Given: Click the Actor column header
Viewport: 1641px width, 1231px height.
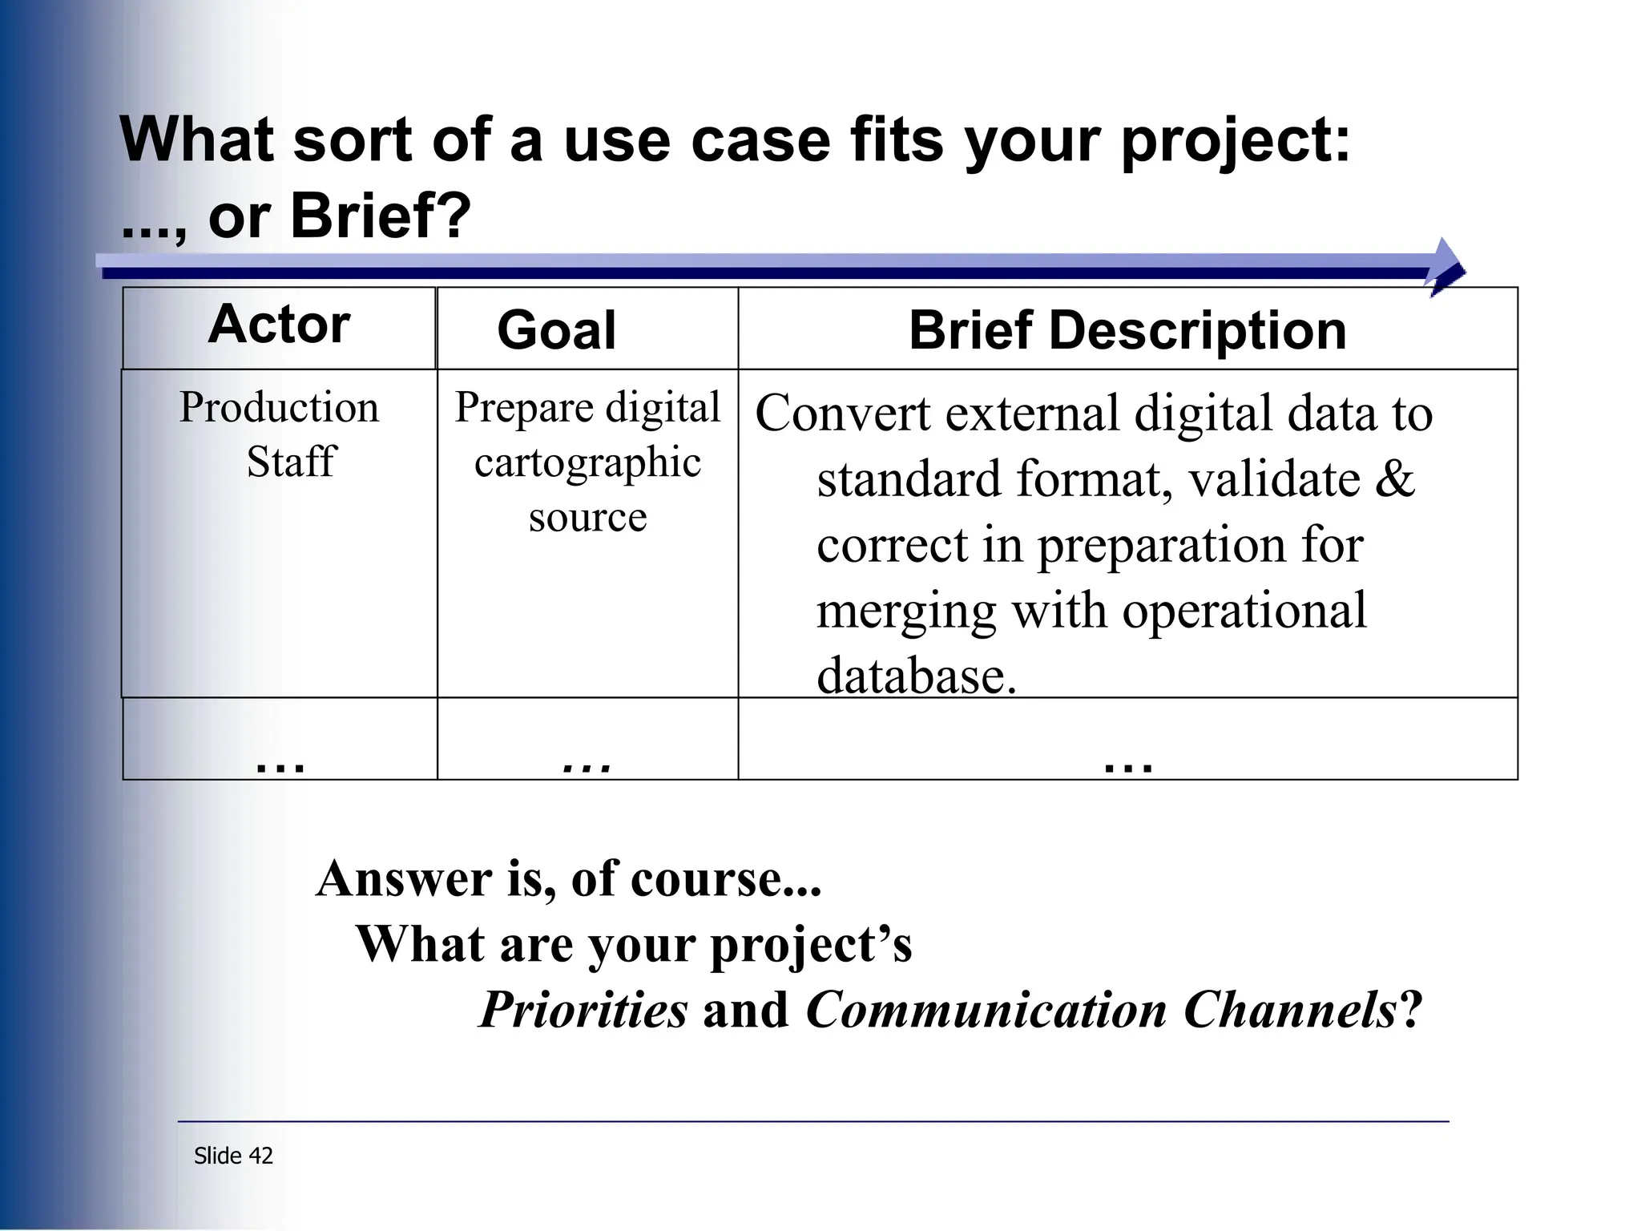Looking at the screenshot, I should (279, 325).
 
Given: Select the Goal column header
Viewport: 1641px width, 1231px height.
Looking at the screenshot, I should (556, 330).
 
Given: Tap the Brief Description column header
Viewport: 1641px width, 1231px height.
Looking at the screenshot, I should (1127, 330).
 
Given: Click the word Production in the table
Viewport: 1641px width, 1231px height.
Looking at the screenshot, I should (279, 407).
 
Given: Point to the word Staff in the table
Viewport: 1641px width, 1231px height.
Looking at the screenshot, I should (290, 462).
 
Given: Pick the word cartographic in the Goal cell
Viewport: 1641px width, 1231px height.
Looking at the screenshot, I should (587, 463).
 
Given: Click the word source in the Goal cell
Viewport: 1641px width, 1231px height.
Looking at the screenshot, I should (587, 517).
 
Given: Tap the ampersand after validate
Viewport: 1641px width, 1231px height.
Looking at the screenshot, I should (1395, 479).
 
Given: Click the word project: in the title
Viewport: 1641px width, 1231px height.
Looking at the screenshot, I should (1235, 140).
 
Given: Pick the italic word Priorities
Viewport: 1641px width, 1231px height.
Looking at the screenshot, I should (583, 1010).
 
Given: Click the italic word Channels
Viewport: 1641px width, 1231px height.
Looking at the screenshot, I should (1290, 1010).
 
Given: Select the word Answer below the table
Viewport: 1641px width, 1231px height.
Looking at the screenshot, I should (404, 879).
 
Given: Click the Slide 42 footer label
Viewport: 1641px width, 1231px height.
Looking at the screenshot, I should (233, 1156).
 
